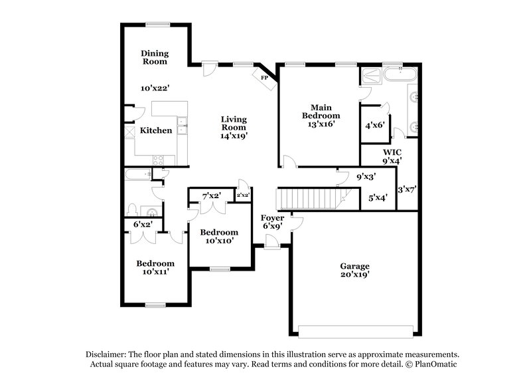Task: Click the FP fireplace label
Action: pyautogui.click(x=264, y=78)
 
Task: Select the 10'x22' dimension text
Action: pyautogui.click(x=155, y=88)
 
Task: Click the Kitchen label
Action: pyautogui.click(x=156, y=130)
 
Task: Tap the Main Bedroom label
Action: pyautogui.click(x=321, y=111)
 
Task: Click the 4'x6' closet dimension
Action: pyautogui.click(x=374, y=124)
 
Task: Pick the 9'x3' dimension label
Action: pyautogui.click(x=366, y=177)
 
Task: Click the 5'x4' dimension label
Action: pyautogui.click(x=377, y=197)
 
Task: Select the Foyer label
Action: pyautogui.click(x=273, y=217)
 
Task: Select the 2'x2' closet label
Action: pyautogui.click(x=243, y=195)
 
